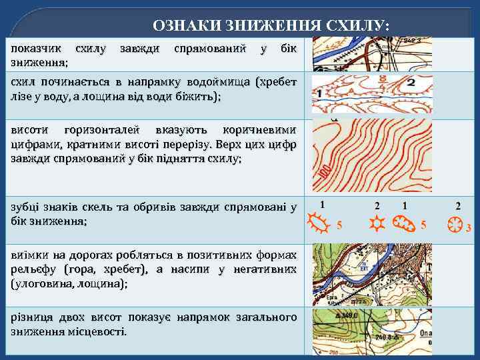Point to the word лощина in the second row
[126, 96]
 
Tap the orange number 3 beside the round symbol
[468, 229]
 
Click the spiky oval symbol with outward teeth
[320, 223]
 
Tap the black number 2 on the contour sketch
[411, 83]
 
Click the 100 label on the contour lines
[324, 173]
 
